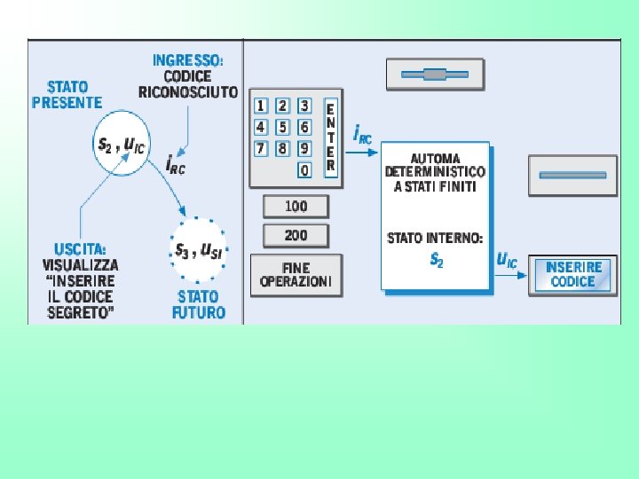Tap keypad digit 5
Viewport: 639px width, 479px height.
283,127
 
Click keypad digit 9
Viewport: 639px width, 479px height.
304,148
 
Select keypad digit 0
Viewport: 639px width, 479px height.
304,169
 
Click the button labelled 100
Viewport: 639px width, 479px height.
296,207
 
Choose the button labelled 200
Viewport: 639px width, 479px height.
296,235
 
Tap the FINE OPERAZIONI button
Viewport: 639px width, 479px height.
296,275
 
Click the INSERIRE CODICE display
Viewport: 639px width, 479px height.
573,274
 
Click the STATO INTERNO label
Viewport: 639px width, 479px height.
435,238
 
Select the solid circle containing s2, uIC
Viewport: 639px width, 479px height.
122,142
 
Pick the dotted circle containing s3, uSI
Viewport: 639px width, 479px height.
198,249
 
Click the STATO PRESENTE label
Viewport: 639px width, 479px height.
67,94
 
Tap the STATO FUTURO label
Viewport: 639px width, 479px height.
198,304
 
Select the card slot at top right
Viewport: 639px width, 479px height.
435,75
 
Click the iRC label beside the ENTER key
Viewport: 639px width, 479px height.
362,135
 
